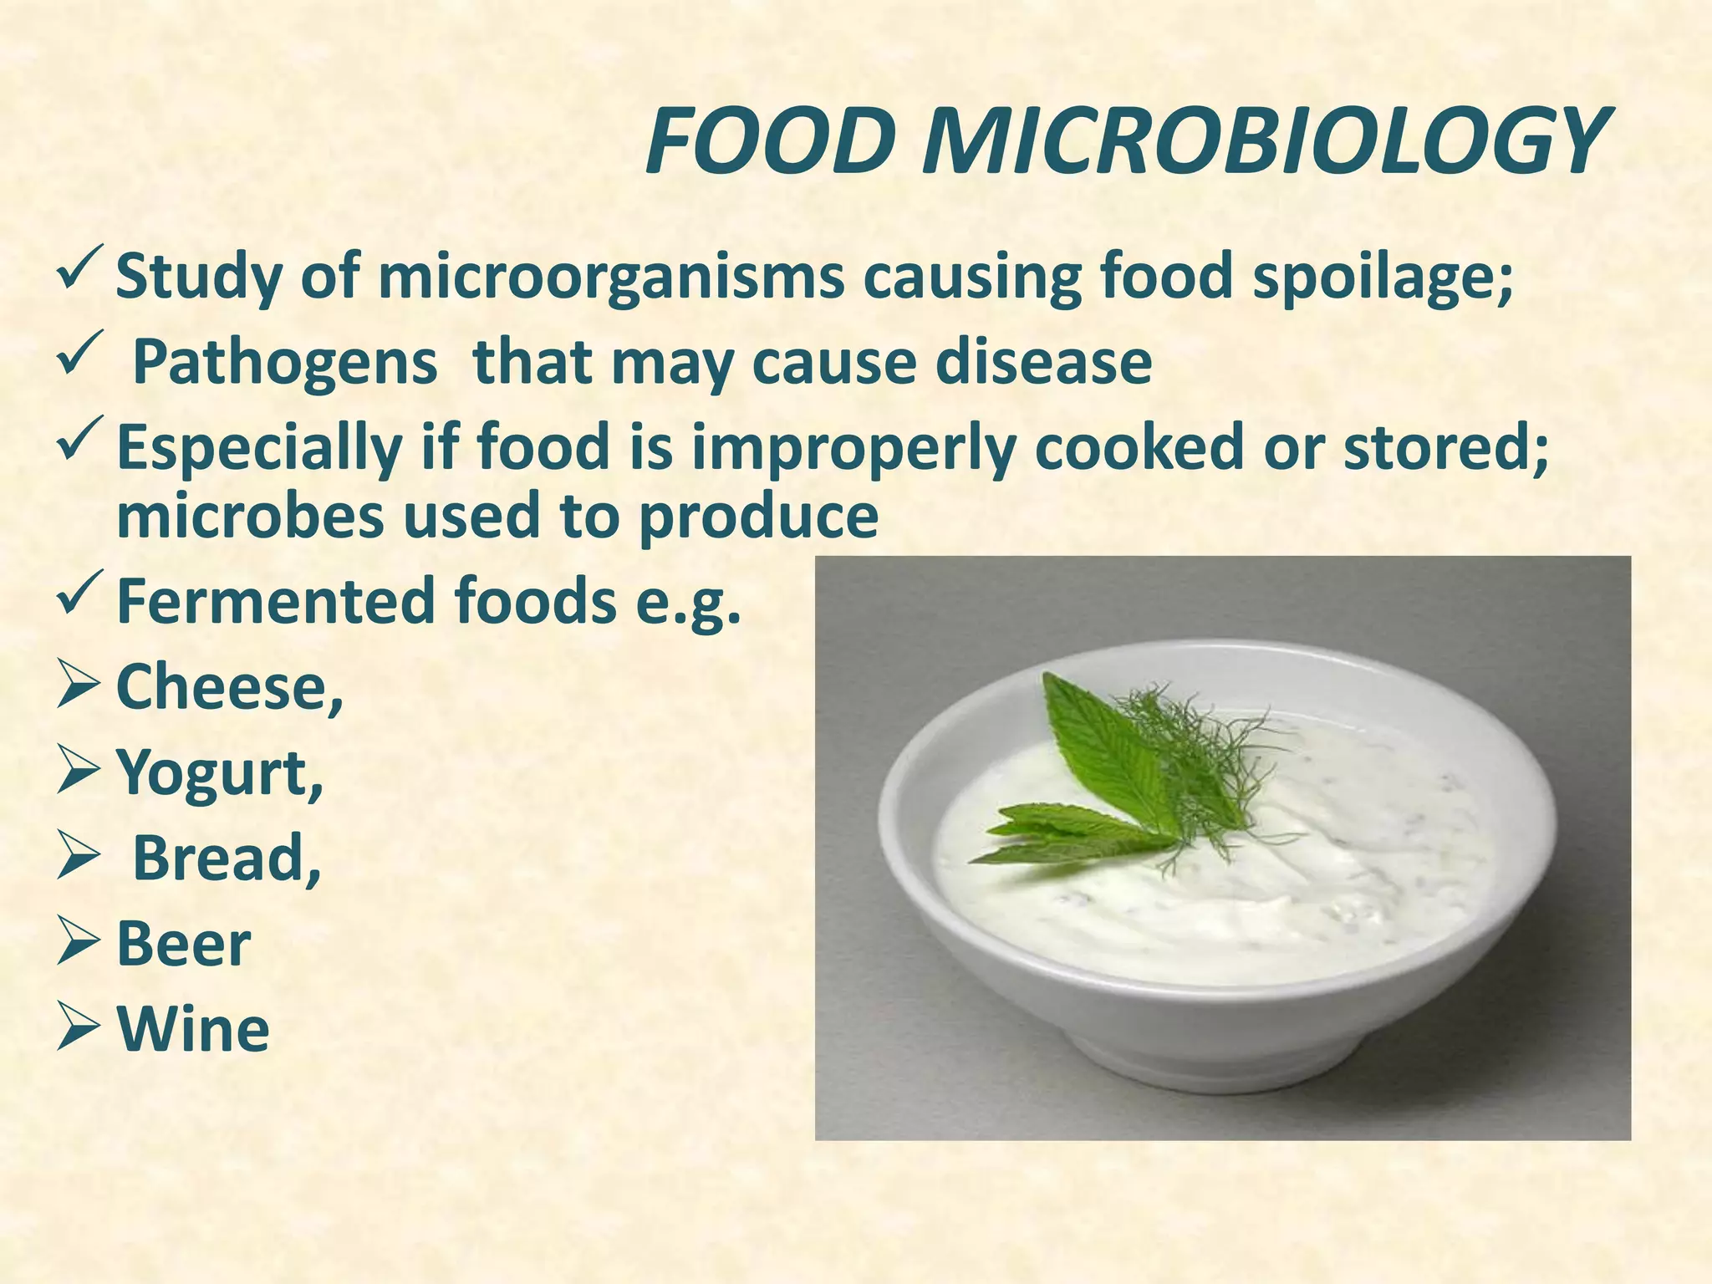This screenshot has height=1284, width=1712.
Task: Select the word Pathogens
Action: coord(285,363)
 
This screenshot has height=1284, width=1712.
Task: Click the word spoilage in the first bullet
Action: coord(1383,278)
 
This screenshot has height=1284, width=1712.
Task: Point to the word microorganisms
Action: coord(611,278)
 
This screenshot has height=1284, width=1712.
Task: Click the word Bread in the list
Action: coord(227,859)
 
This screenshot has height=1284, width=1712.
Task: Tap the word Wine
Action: coord(193,1029)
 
